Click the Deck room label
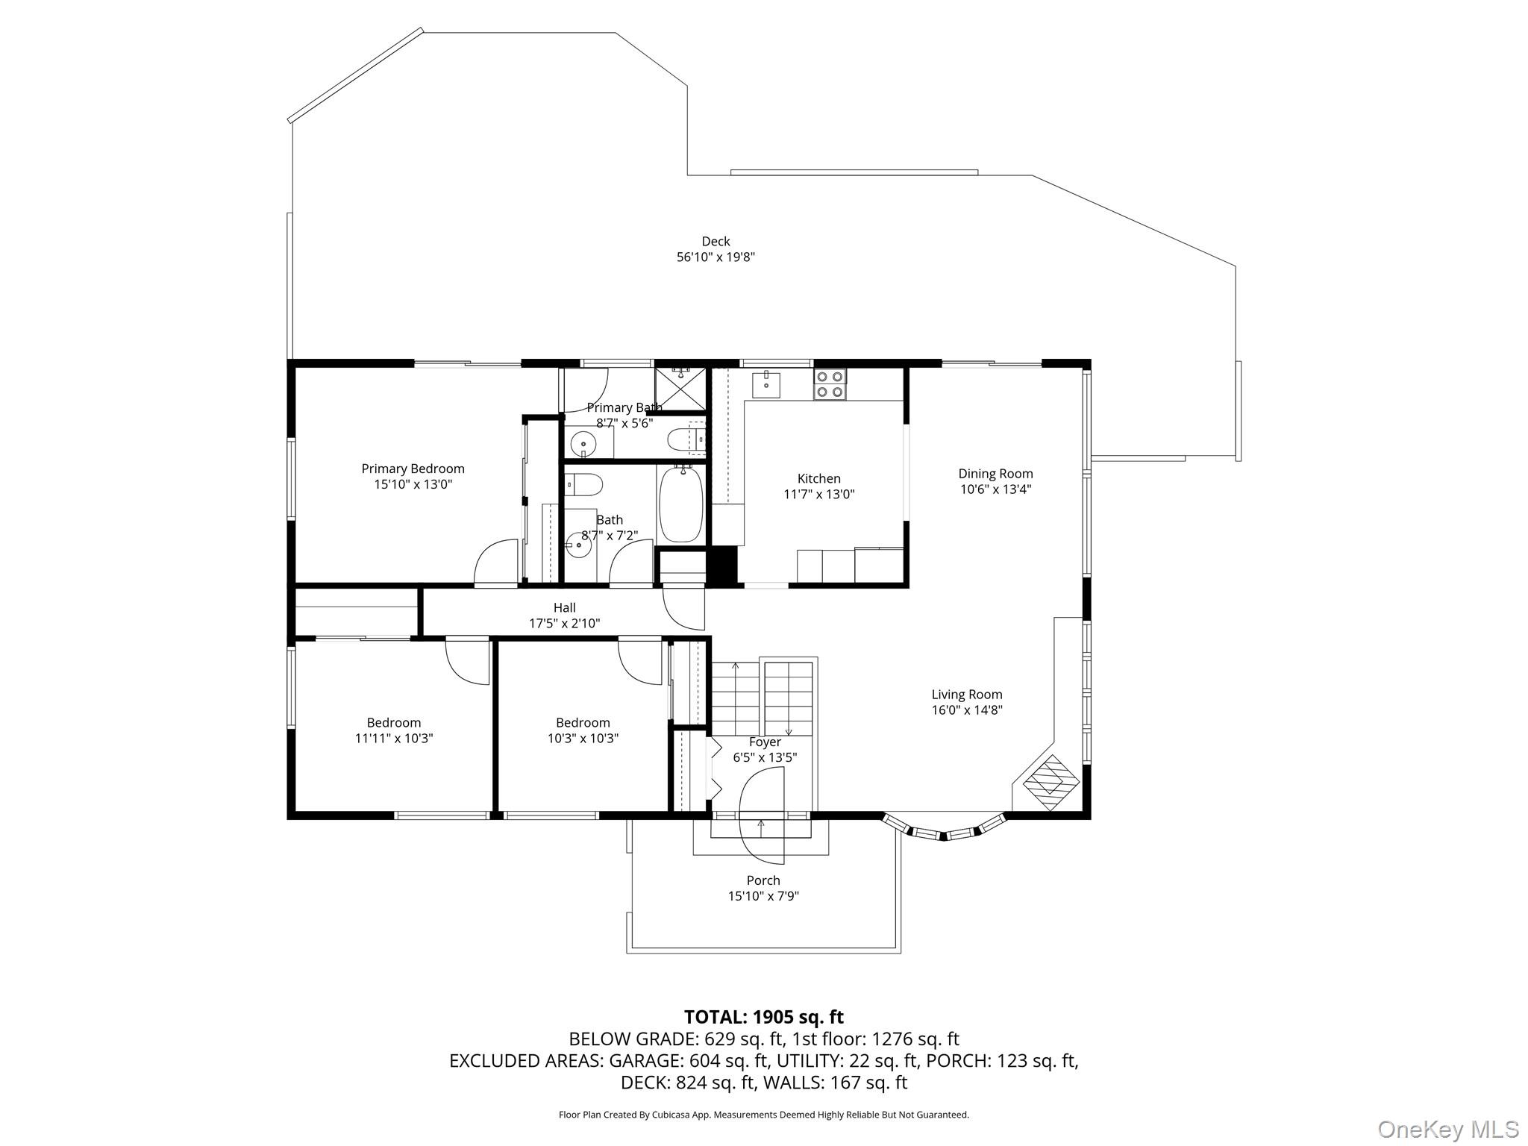coord(716,241)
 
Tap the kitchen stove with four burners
coord(830,384)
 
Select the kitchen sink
coord(766,384)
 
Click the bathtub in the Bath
coord(681,504)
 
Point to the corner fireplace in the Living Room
coord(1051,783)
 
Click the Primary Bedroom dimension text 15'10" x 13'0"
coord(413,484)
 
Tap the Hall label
coord(564,607)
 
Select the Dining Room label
coord(995,473)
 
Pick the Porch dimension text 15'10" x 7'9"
coord(763,896)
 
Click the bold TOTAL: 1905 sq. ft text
coord(763,1017)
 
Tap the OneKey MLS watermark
coord(1447,1129)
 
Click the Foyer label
coord(765,742)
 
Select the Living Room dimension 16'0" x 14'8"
coord(967,710)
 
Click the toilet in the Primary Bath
coord(685,439)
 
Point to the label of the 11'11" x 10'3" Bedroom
coord(393,722)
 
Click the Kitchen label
coord(818,478)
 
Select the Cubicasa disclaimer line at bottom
coord(763,1115)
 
